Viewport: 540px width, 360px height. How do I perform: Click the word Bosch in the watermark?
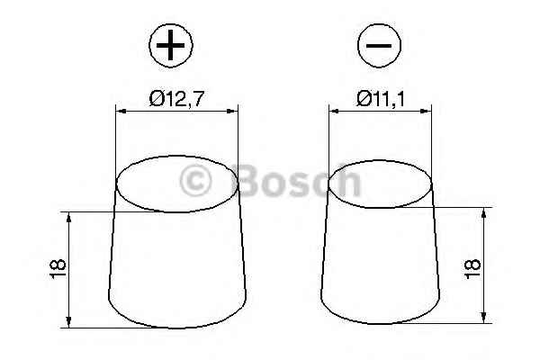[297, 183]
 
